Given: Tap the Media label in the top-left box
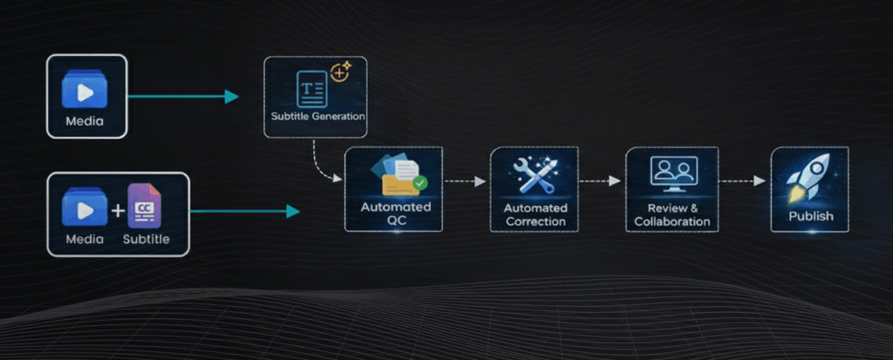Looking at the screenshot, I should click(x=84, y=121).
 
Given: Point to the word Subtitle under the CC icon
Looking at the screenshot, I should click(x=145, y=239).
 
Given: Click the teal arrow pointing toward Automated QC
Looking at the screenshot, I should click(x=244, y=211).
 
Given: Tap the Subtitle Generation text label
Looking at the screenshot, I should click(x=316, y=115).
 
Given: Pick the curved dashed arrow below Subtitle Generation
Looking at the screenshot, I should click(x=323, y=166).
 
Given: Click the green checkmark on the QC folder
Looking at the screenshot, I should click(x=420, y=183).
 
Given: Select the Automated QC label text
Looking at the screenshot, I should click(x=396, y=214).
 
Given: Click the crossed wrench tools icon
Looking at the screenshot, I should click(x=535, y=174).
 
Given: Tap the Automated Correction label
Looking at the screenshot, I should click(x=535, y=214).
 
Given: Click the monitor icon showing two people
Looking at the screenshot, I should click(x=673, y=173).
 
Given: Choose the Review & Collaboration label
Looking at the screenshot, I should click(x=673, y=215).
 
